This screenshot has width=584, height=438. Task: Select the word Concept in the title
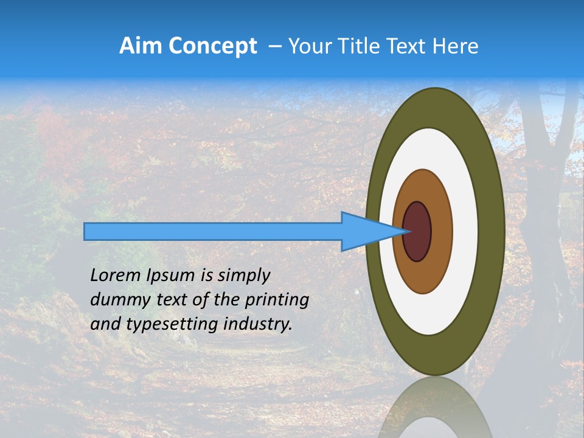213,46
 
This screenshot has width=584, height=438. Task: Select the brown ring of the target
439,231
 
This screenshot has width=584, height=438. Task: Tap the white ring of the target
465,231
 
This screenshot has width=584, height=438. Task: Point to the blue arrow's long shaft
213,232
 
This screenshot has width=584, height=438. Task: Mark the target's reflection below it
436,408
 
